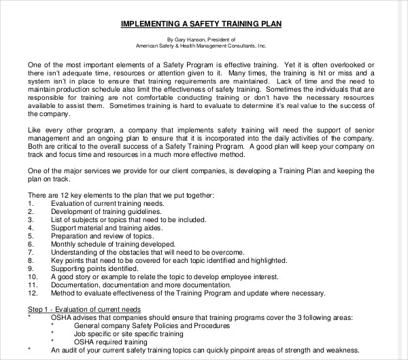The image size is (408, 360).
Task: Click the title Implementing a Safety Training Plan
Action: point(201,24)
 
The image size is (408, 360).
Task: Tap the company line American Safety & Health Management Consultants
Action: point(200,47)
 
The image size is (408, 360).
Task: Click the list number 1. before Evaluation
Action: point(31,202)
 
